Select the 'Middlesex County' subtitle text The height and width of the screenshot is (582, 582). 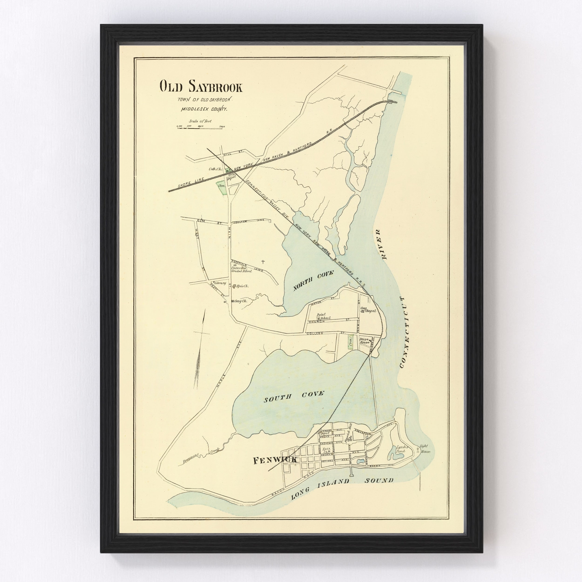[204, 110]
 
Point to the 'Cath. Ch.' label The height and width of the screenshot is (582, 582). [215, 169]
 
